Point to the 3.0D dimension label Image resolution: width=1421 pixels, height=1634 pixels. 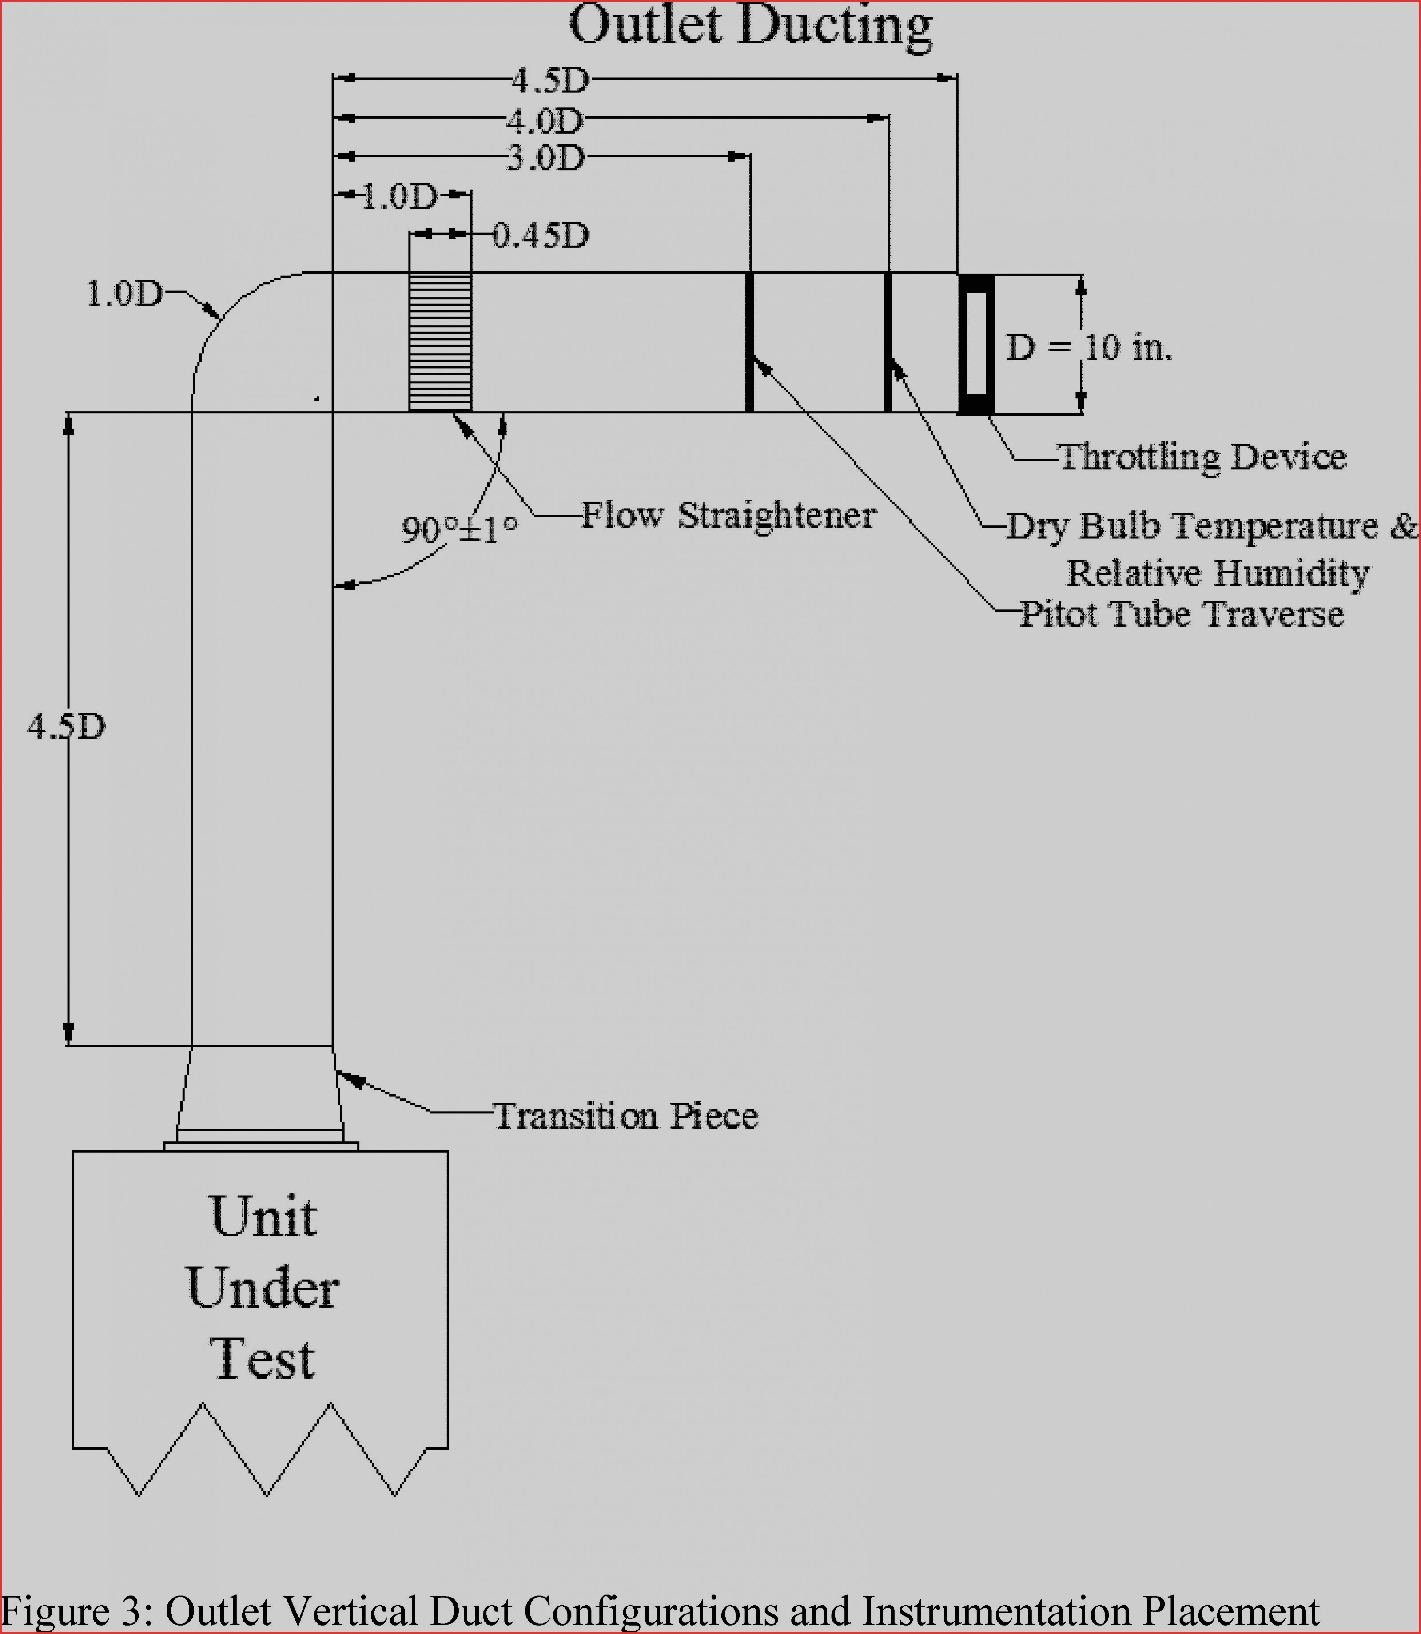[x=545, y=159]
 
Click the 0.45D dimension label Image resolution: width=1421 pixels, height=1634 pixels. [x=541, y=235]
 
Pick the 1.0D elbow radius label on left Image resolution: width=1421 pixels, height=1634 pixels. [x=123, y=294]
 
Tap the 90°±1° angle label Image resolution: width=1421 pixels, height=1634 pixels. [x=460, y=529]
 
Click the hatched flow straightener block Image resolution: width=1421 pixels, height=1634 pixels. [x=440, y=342]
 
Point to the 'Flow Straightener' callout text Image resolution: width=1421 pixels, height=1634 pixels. [x=728, y=515]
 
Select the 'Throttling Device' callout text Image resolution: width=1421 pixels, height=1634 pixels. [x=1202, y=457]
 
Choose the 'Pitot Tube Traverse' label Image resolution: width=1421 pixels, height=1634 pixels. [x=1182, y=614]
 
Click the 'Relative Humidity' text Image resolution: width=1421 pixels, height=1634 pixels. [x=1217, y=572]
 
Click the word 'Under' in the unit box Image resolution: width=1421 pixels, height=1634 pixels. [x=263, y=1288]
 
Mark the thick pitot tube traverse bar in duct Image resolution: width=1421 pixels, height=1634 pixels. [x=749, y=342]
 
